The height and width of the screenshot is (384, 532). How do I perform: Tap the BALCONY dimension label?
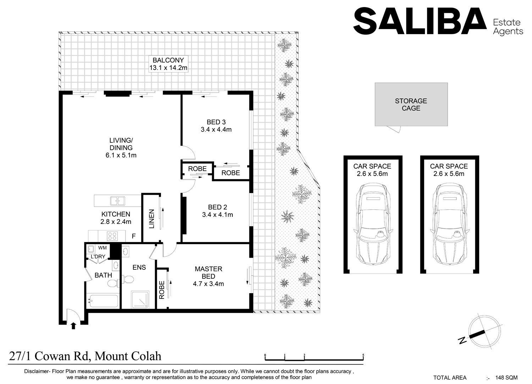pos(168,68)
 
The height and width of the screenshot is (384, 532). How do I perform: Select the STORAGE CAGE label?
pos(411,105)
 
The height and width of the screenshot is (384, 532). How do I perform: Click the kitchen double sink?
pos(117,201)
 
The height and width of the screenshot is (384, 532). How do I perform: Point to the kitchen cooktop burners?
pos(112,236)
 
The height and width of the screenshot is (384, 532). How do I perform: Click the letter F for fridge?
pos(134,236)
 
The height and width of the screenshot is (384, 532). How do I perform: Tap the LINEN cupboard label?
pos(151,219)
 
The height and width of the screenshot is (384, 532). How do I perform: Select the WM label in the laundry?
pos(102,248)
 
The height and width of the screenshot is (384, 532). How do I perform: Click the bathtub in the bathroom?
pos(102,301)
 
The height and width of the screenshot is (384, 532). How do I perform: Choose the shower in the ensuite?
pos(140,300)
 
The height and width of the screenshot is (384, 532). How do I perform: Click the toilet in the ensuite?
pos(128,279)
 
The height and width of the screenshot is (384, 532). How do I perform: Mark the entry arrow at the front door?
pos(73,325)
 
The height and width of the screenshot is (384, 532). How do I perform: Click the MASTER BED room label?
pos(209,272)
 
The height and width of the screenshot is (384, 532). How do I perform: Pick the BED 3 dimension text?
pos(216,130)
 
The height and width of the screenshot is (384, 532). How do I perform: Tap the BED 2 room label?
pos(217,207)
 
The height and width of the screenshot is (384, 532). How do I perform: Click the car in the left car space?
pos(373,224)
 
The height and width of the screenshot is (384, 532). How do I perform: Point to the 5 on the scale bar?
pos(363,356)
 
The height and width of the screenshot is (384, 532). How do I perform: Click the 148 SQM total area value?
pos(506,378)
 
